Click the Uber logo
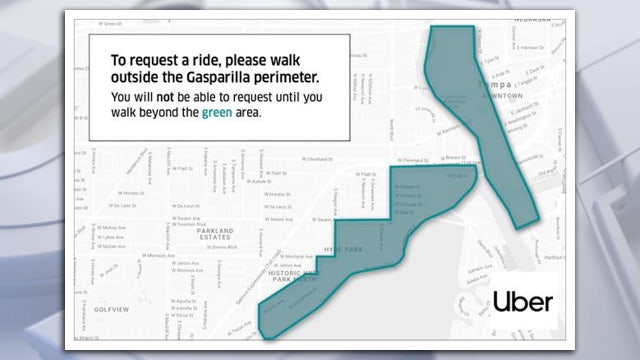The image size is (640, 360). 522,301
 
